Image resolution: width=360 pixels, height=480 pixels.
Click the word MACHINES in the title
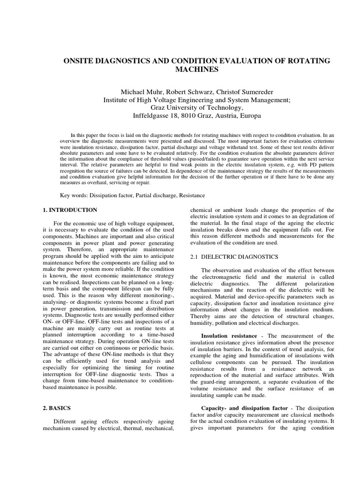[196, 70]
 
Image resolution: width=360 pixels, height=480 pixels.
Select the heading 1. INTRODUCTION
[70, 210]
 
